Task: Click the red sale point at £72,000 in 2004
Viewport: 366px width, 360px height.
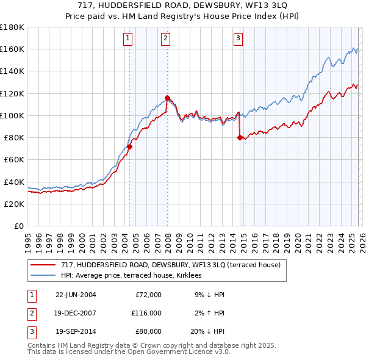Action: (x=129, y=146)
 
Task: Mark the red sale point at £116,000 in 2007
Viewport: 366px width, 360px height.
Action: (x=167, y=98)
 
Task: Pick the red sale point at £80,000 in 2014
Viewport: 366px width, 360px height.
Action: (x=240, y=137)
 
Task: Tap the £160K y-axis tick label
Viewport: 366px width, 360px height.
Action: (x=12, y=49)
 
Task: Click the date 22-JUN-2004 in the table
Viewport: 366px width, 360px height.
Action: (x=76, y=295)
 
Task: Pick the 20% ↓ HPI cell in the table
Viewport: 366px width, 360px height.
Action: (x=207, y=333)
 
